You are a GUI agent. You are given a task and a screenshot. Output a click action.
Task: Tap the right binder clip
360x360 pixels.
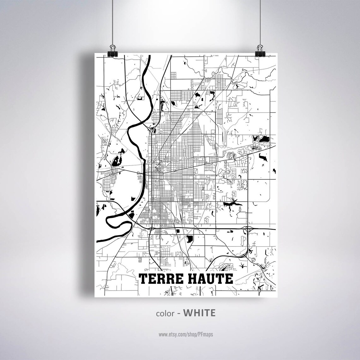pos(261,50)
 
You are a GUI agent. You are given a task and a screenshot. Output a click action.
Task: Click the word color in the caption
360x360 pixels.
pos(164,313)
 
